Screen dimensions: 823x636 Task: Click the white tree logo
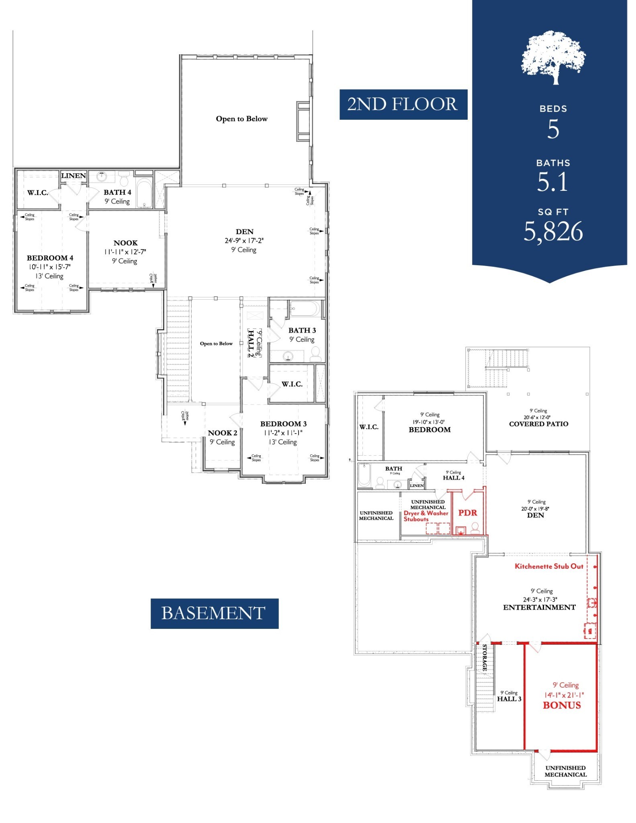pyautogui.click(x=553, y=57)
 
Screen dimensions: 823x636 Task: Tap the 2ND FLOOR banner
pyautogui.click(x=403, y=104)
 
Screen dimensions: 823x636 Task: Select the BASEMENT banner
pyautogui.click(x=214, y=613)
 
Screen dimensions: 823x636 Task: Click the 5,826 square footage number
pyautogui.click(x=553, y=232)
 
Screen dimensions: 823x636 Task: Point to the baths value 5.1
pyautogui.click(x=553, y=182)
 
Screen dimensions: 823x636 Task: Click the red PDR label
pyautogui.click(x=468, y=513)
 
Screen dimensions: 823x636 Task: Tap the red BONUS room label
pyautogui.click(x=562, y=705)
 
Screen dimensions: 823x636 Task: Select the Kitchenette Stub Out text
pyautogui.click(x=549, y=566)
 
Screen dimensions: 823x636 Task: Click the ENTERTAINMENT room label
pyautogui.click(x=539, y=607)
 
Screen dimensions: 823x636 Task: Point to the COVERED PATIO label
pyautogui.click(x=538, y=424)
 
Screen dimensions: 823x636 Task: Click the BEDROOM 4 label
pyautogui.click(x=50, y=258)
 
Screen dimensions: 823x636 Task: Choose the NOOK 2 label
pyautogui.click(x=222, y=433)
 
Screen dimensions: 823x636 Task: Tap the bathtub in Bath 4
pyautogui.click(x=144, y=193)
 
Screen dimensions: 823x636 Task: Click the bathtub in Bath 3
pyautogui.click(x=304, y=309)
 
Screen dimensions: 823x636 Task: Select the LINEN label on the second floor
pyautogui.click(x=74, y=176)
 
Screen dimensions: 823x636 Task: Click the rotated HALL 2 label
pyautogui.click(x=251, y=344)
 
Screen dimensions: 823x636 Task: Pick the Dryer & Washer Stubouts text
pyautogui.click(x=425, y=516)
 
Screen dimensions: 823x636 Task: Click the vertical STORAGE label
pyautogui.click(x=485, y=658)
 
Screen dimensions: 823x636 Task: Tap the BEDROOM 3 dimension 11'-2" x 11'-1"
pyautogui.click(x=283, y=433)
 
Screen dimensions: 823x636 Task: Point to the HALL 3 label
pyautogui.click(x=509, y=699)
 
